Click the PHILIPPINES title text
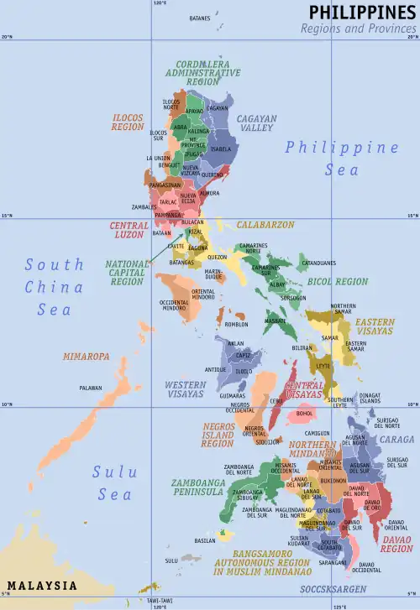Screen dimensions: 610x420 pyautogui.click(x=362, y=12)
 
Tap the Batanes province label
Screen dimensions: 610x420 pyautogui.click(x=200, y=18)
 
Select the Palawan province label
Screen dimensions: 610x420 pyautogui.click(x=91, y=388)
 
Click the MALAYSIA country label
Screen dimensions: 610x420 pyautogui.click(x=42, y=585)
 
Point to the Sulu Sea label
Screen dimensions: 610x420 pyautogui.click(x=114, y=483)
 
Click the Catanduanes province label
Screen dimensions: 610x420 pyautogui.click(x=318, y=263)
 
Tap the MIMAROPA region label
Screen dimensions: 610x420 pyautogui.click(x=86, y=357)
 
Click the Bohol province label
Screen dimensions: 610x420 pyautogui.click(x=305, y=413)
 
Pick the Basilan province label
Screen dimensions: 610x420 pyautogui.click(x=205, y=540)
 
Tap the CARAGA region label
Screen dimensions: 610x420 pyautogui.click(x=396, y=439)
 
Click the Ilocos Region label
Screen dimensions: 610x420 pyautogui.click(x=128, y=123)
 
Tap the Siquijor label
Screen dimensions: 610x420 pyautogui.click(x=268, y=441)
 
